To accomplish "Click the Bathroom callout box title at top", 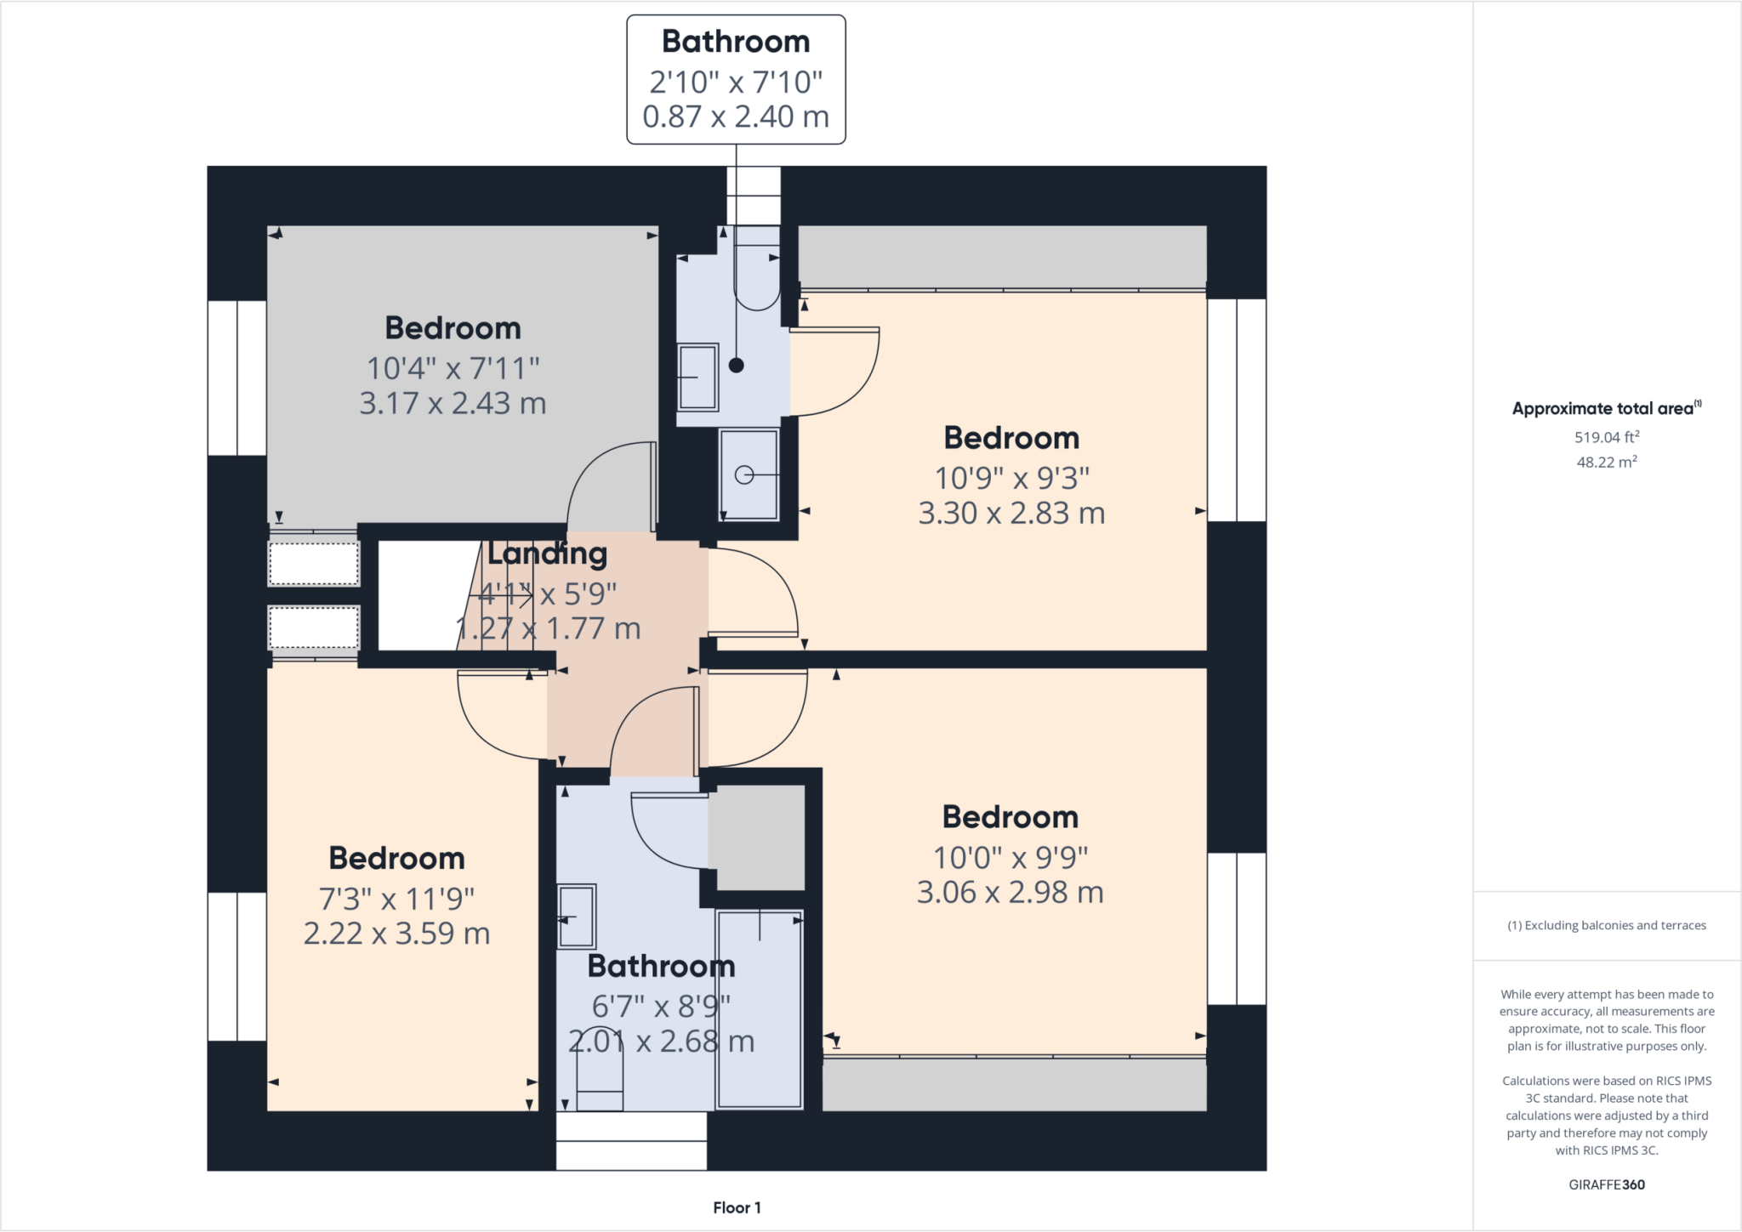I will point(736,42).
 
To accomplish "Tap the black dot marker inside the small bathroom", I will point(737,366).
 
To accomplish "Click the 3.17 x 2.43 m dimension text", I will point(453,403).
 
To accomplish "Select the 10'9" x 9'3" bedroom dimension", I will point(1011,479).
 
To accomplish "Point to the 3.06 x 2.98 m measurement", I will point(1010,893).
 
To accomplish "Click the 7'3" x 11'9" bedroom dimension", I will point(396,899).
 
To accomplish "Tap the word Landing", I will point(547,554).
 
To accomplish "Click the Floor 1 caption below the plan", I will point(737,1207).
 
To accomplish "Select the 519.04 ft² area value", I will point(1606,437).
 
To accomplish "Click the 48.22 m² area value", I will point(1606,463).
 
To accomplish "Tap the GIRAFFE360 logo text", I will point(1606,1184).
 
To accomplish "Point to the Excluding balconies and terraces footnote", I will point(1606,925).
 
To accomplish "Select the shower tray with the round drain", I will point(748,474).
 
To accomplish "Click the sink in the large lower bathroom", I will point(577,917).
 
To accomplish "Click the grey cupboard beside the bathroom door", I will point(756,837).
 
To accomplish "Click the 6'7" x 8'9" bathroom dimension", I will point(661,1007).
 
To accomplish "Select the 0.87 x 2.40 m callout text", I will point(736,117).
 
